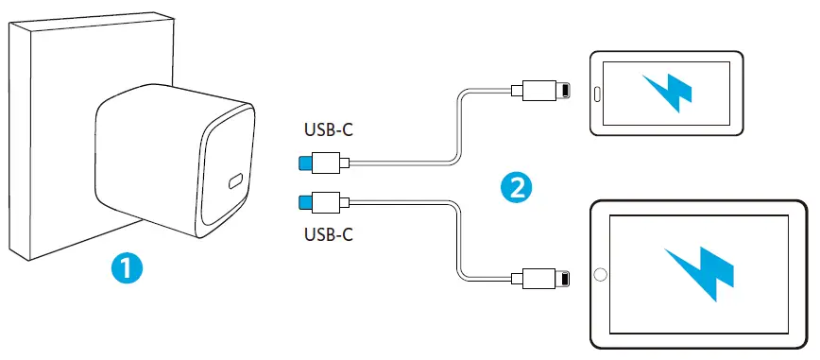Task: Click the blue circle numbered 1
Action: pyautogui.click(x=125, y=268)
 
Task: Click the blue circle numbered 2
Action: pyautogui.click(x=515, y=187)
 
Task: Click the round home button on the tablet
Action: pyautogui.click(x=599, y=277)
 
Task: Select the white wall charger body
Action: pyautogui.click(x=151, y=161)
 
